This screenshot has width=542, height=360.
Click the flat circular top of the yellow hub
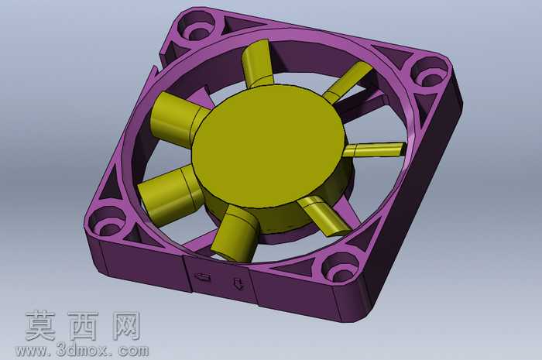click(268, 145)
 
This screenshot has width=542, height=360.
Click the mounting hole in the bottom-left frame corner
click(107, 224)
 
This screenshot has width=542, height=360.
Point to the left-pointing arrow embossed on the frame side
click(202, 276)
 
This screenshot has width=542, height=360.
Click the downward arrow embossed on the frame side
click(238, 283)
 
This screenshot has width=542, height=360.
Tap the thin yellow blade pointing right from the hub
click(374, 150)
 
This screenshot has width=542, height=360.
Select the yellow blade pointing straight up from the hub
click(257, 63)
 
